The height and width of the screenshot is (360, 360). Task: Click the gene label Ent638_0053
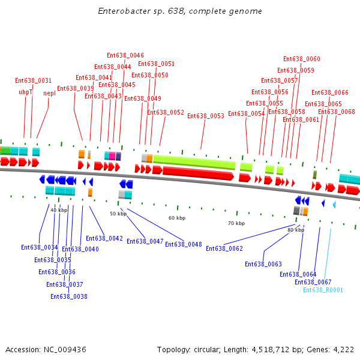(x=206, y=116)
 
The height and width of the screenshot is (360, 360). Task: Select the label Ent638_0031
(x=33, y=80)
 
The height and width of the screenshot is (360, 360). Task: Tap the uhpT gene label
(x=25, y=92)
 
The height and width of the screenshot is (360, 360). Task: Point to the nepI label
(x=49, y=93)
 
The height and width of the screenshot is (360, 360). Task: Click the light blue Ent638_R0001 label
(x=323, y=290)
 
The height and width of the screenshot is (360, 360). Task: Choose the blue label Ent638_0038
(x=69, y=296)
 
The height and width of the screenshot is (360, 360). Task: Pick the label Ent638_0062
(x=224, y=248)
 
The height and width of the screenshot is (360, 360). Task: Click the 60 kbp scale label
(x=177, y=218)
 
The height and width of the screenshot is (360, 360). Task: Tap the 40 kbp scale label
(x=59, y=210)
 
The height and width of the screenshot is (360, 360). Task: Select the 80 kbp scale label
(x=296, y=230)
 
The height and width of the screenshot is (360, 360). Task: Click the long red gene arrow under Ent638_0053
(x=198, y=173)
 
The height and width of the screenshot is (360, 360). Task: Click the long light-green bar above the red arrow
(x=194, y=161)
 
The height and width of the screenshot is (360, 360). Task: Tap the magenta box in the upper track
(x=112, y=156)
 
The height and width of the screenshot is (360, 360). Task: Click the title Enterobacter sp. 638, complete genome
(x=180, y=11)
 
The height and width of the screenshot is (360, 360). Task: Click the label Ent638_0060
(x=302, y=59)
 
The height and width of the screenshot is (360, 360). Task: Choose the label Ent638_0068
(x=337, y=112)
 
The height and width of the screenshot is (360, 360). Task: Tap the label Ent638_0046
(x=125, y=55)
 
